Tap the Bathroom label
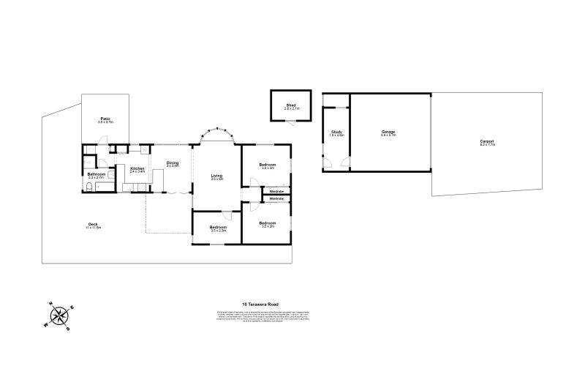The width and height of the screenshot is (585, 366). click(97, 174)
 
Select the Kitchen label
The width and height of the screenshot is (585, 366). click(137, 169)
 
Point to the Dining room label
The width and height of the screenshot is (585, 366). click(173, 163)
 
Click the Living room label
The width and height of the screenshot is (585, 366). click(216, 176)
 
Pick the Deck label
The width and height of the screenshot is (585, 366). click(93, 224)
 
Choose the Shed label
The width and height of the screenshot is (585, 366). click(290, 105)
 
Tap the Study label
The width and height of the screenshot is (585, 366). click(336, 132)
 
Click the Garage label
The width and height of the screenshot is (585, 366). click(388, 132)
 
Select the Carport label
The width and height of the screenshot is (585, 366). click(487, 142)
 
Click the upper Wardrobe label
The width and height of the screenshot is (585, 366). click(276, 192)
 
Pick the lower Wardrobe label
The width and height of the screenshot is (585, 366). click(276, 199)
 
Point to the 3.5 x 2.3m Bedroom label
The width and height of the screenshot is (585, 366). click(218, 228)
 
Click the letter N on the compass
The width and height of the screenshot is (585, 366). click(50, 305)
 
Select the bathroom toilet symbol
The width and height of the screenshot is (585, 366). click(88, 189)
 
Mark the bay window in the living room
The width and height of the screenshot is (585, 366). click(216, 135)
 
